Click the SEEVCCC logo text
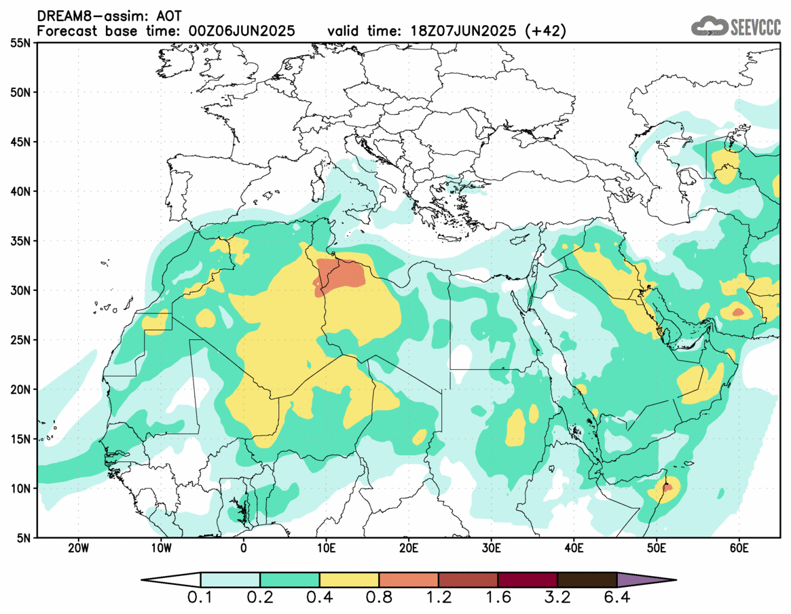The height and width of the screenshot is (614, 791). pyautogui.click(x=754, y=26)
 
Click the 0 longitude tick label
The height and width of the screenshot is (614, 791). pyautogui.click(x=244, y=548)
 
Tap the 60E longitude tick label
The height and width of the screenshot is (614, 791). pyautogui.click(x=739, y=548)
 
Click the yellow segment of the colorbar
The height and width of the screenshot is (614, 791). pyautogui.click(x=349, y=580)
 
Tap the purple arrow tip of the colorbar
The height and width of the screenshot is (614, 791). pyautogui.click(x=645, y=580)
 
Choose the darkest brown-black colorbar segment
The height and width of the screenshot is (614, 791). pyautogui.click(x=587, y=580)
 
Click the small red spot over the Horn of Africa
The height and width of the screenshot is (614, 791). pyautogui.click(x=667, y=486)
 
